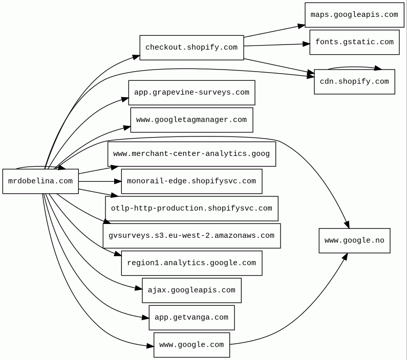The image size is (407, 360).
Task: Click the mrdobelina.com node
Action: pyautogui.click(x=40, y=181)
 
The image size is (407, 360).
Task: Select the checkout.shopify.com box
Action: pyautogui.click(x=191, y=48)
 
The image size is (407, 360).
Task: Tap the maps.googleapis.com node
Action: pyautogui.click(x=354, y=15)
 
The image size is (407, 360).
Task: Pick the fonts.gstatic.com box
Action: pyautogui.click(x=354, y=42)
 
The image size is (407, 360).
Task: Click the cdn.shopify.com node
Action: pyautogui.click(x=354, y=82)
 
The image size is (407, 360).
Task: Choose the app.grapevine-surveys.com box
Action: pyautogui.click(x=191, y=93)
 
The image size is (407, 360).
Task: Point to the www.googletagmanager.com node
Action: pyautogui.click(x=191, y=120)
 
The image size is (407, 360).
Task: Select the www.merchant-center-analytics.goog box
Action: pyautogui.click(x=191, y=154)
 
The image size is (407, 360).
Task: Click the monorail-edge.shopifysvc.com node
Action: pyautogui.click(x=191, y=181)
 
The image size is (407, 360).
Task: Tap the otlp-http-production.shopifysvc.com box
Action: pyautogui.click(x=191, y=208)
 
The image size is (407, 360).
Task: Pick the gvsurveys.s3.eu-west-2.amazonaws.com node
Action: pyautogui.click(x=191, y=236)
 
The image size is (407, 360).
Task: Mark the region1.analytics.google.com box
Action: pyautogui.click(x=191, y=263)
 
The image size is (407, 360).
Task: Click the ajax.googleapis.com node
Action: pyautogui.click(x=191, y=290)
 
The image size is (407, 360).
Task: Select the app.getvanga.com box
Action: pyautogui.click(x=191, y=318)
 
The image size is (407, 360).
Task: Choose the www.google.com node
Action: pyautogui.click(x=191, y=345)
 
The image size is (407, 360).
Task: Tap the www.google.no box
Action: pyautogui.click(x=354, y=240)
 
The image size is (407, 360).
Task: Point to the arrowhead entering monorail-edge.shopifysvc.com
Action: pyautogui.click(x=118, y=181)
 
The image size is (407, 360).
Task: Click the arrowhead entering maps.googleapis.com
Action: pyautogui.click(x=302, y=26)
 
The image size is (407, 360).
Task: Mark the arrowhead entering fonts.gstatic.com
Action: pyautogui.click(x=306, y=44)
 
